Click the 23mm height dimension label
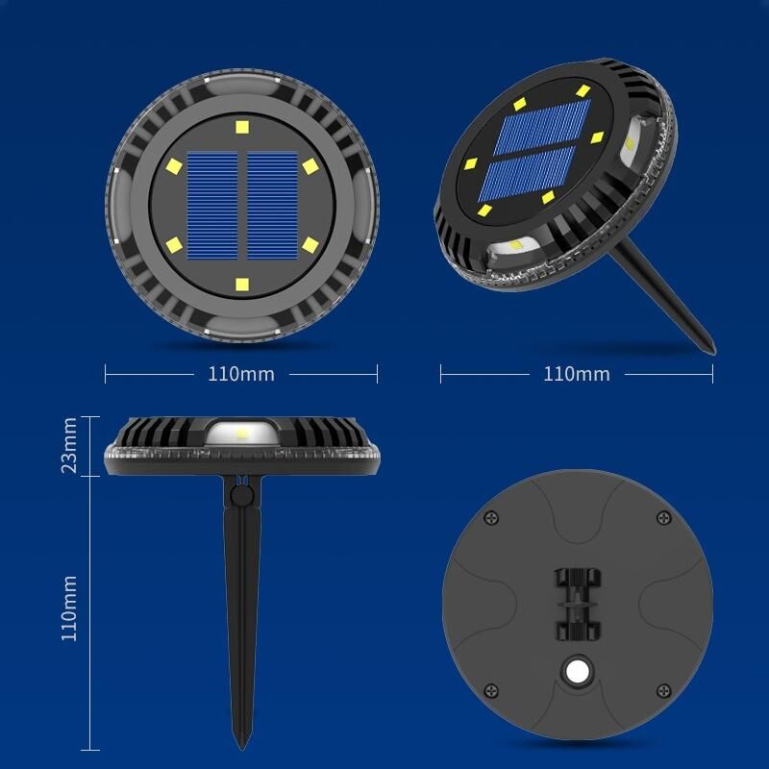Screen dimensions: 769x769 pyautogui.click(x=68, y=445)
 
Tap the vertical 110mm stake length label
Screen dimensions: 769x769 pyautogui.click(x=68, y=608)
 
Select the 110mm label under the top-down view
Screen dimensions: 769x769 pyautogui.click(x=241, y=374)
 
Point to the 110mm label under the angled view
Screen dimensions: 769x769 pyautogui.click(x=577, y=374)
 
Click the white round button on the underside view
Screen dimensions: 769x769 pyautogui.click(x=578, y=671)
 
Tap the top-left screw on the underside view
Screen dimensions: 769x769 pyautogui.click(x=491, y=518)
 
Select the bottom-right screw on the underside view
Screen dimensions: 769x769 pyautogui.click(x=663, y=690)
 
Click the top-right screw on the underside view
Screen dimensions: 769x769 pyautogui.click(x=664, y=517)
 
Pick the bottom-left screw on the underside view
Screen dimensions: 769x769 pyautogui.click(x=491, y=690)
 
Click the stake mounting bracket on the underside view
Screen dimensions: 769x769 pyautogui.click(x=578, y=605)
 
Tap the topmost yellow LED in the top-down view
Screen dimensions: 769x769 pyautogui.click(x=242, y=127)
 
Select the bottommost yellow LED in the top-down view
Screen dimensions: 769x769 pyautogui.click(x=242, y=285)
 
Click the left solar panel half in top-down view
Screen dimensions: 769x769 pyautogui.click(x=212, y=206)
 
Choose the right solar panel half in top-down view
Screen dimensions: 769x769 pyautogui.click(x=272, y=206)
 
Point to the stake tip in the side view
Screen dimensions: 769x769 pyautogui.click(x=242, y=749)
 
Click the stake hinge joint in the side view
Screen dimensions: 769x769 pyautogui.click(x=241, y=495)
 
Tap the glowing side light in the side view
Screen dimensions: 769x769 pyautogui.click(x=241, y=433)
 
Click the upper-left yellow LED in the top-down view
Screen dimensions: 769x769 pyautogui.click(x=174, y=166)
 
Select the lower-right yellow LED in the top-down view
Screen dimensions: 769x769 pyautogui.click(x=310, y=245)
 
